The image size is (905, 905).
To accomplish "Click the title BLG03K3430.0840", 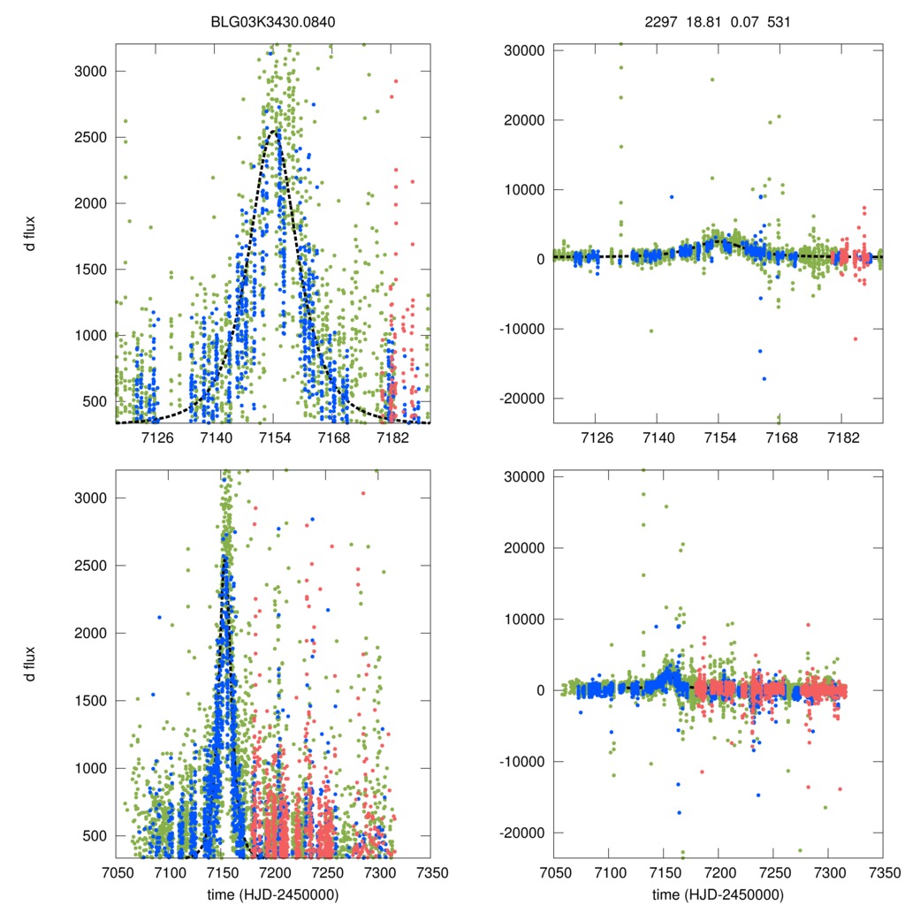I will [x=272, y=20].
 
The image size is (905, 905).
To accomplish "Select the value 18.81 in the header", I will [x=702, y=20].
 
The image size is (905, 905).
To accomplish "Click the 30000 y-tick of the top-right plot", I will [x=521, y=50].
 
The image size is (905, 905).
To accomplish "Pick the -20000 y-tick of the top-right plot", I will [x=520, y=399].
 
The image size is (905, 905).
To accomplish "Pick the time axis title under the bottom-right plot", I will [x=719, y=894].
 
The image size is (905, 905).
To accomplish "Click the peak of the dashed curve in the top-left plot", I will [x=274, y=131].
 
